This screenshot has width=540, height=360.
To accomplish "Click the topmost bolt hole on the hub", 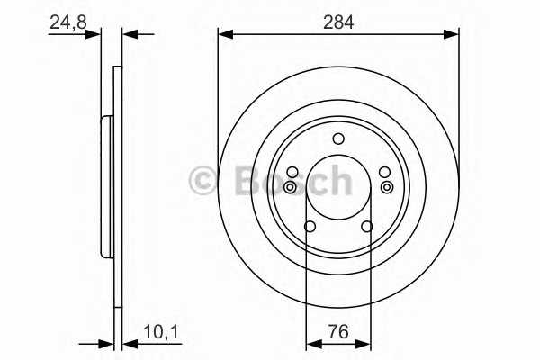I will click(x=338, y=139).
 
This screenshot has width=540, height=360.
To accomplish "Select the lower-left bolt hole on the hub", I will click(x=310, y=227).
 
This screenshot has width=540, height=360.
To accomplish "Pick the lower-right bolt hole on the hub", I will click(x=367, y=227).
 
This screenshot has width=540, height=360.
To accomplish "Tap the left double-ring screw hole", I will click(x=291, y=187).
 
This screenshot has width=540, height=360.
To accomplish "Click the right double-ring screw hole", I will click(x=386, y=187).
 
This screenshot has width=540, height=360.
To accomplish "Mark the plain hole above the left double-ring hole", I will click(x=292, y=173).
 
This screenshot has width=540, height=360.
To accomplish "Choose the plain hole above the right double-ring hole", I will click(x=385, y=173).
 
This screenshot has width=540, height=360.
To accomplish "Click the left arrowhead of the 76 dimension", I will click(x=312, y=343).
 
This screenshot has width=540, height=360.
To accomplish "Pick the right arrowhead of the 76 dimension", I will click(x=364, y=343).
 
